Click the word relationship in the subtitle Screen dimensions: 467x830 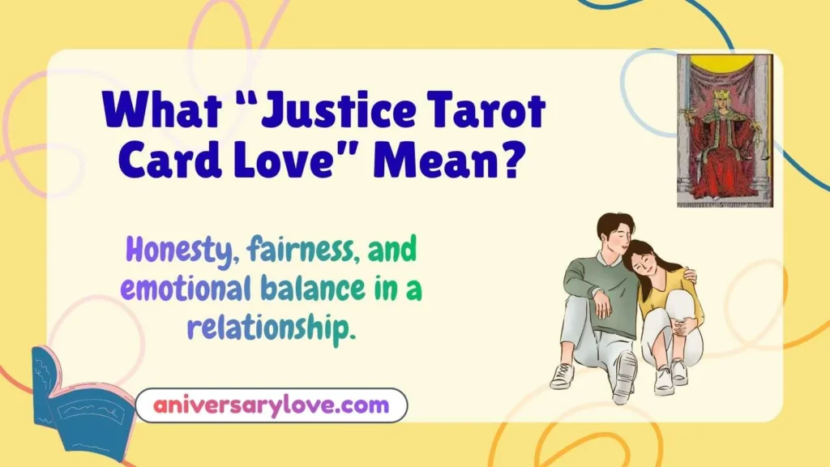click(x=271, y=328)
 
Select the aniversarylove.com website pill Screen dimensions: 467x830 click(x=271, y=405)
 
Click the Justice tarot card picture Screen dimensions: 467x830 click(x=725, y=131)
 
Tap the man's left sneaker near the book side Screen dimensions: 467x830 click(x=562, y=375)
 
